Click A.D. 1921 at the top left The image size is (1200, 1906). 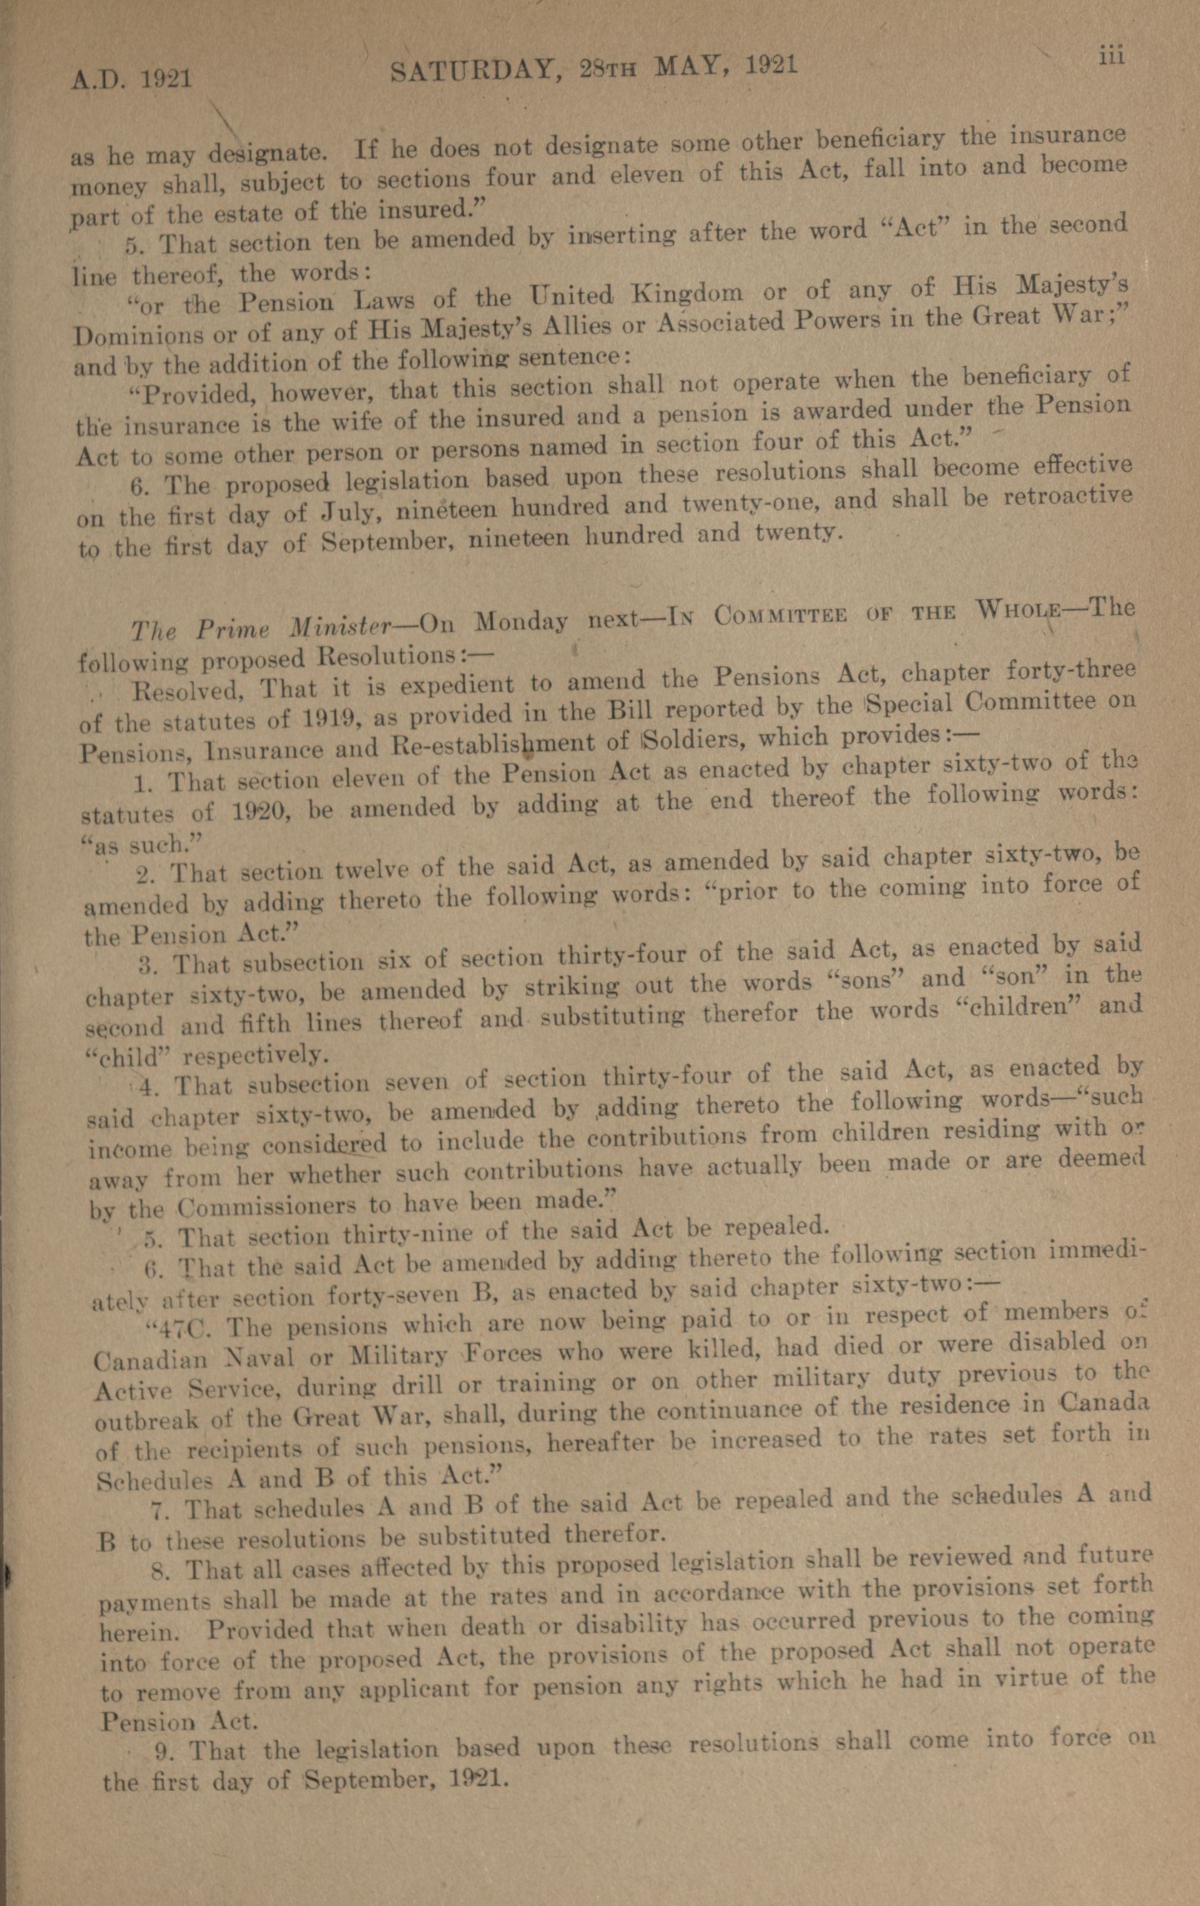[132, 79]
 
